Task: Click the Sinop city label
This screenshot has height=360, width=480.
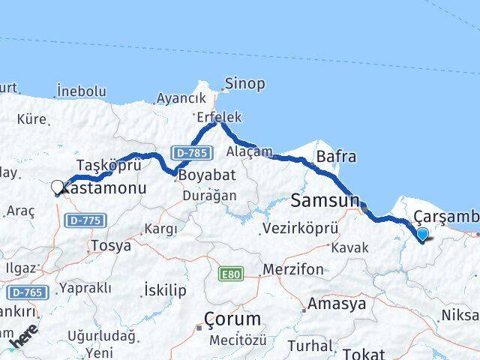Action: click(244, 83)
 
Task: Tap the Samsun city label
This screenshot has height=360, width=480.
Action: click(325, 199)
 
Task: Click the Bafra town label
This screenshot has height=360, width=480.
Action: click(336, 157)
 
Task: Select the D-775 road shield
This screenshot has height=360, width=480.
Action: click(85, 220)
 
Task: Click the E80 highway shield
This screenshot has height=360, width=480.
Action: click(230, 275)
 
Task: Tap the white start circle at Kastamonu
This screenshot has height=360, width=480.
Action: click(58, 187)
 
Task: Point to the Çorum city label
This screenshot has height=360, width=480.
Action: click(234, 318)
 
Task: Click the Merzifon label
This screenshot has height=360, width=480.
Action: click(292, 269)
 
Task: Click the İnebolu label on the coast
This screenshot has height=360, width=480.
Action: click(80, 91)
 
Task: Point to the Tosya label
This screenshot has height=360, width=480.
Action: click(110, 245)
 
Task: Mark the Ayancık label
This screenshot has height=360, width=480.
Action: click(181, 98)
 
